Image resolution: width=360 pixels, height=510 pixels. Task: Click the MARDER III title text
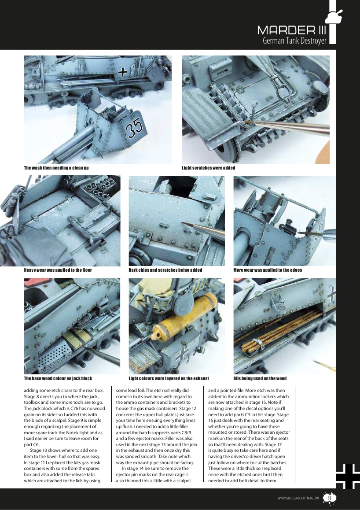coord(292,30)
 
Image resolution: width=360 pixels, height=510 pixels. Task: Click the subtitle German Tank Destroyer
coord(294,41)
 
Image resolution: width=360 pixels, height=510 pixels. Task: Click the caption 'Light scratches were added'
coord(208,168)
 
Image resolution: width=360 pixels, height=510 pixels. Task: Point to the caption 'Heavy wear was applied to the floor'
coord(58,270)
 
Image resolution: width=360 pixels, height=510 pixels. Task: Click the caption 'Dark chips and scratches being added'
coord(165,270)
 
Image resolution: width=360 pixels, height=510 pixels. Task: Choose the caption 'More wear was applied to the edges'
coord(268,270)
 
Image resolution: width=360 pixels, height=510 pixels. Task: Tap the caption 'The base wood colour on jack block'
coord(58,378)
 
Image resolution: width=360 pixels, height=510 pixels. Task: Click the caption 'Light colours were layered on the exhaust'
coord(169,378)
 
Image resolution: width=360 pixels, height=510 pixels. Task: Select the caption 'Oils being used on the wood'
coord(260,378)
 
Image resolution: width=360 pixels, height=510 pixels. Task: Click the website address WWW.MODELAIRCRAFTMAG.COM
coord(298,498)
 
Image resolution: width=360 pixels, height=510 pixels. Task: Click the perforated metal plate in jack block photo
coord(55,355)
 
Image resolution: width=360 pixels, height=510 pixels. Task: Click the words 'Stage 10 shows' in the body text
coord(44,451)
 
